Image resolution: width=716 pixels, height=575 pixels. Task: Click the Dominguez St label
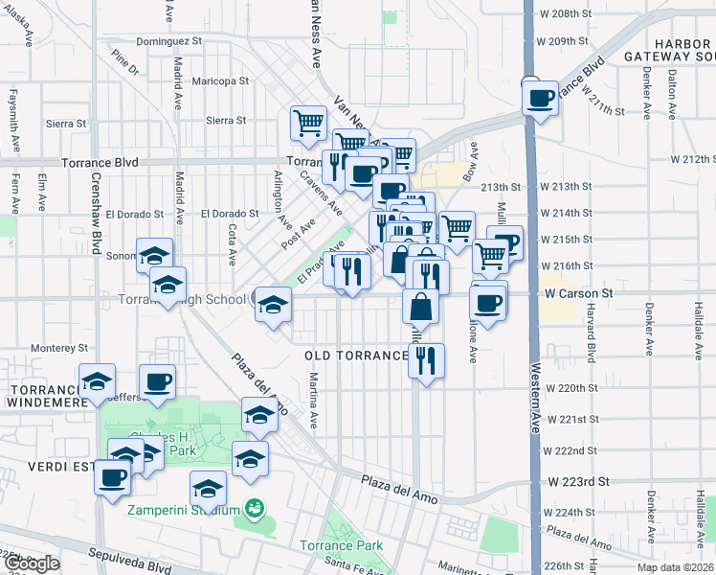tap(168, 41)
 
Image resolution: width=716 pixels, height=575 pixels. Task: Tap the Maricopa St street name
tap(216, 81)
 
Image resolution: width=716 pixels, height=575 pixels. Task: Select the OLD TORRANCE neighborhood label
tap(356, 356)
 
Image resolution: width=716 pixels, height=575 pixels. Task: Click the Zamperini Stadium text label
tap(185, 509)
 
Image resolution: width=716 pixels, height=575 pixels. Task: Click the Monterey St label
tap(59, 348)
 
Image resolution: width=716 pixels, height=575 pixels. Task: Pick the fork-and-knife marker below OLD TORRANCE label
tap(426, 360)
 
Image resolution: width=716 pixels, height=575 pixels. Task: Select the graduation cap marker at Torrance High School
tap(273, 305)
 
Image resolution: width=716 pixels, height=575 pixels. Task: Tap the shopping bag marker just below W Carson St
tap(420, 307)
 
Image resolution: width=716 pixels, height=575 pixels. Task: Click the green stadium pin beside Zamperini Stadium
tap(254, 507)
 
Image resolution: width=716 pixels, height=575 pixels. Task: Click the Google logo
tap(31, 564)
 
